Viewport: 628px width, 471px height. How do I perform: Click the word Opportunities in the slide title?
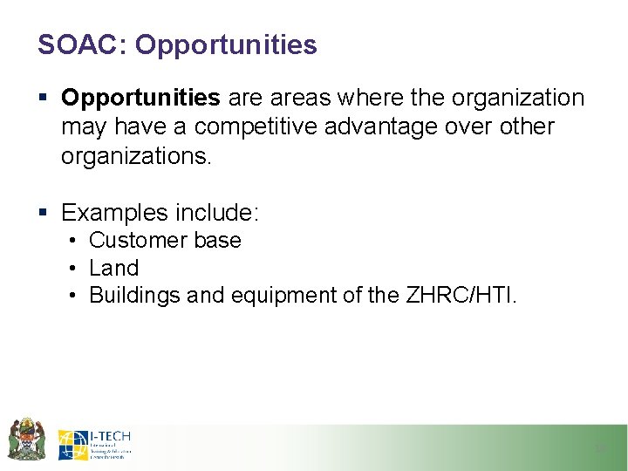226,44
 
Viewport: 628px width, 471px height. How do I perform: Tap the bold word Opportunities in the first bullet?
140,99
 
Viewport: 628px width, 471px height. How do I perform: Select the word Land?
113,268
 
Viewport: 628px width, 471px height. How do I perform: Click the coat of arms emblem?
26,438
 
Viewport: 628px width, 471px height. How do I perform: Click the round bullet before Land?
76,268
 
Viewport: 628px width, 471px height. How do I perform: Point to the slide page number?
600,448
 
